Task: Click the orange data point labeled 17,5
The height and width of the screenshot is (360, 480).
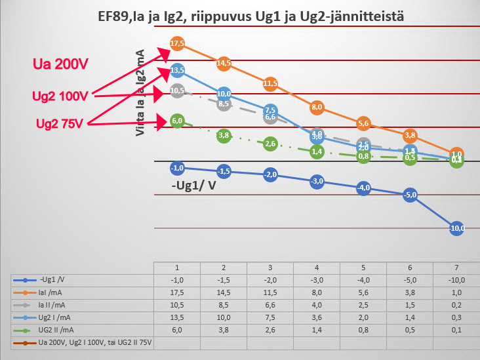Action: [x=176, y=43]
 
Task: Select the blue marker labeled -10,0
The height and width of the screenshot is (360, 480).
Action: [x=457, y=228]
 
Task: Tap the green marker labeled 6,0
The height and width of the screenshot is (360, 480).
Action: [x=176, y=121]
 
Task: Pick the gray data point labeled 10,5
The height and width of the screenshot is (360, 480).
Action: [x=176, y=90]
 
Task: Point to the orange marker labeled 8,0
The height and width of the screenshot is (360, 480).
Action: [x=317, y=107]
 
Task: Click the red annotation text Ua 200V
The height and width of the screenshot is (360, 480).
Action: [x=61, y=64]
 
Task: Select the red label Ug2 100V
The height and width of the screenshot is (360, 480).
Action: [x=60, y=96]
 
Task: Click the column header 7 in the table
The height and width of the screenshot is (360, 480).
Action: [x=456, y=268]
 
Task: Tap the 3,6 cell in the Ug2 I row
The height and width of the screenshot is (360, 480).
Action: [x=317, y=318]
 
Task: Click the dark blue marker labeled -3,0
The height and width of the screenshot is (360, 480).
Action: [x=317, y=180]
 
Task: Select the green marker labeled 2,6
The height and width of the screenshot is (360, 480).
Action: [x=270, y=144]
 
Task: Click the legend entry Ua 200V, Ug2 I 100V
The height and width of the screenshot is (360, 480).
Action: [x=85, y=343]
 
